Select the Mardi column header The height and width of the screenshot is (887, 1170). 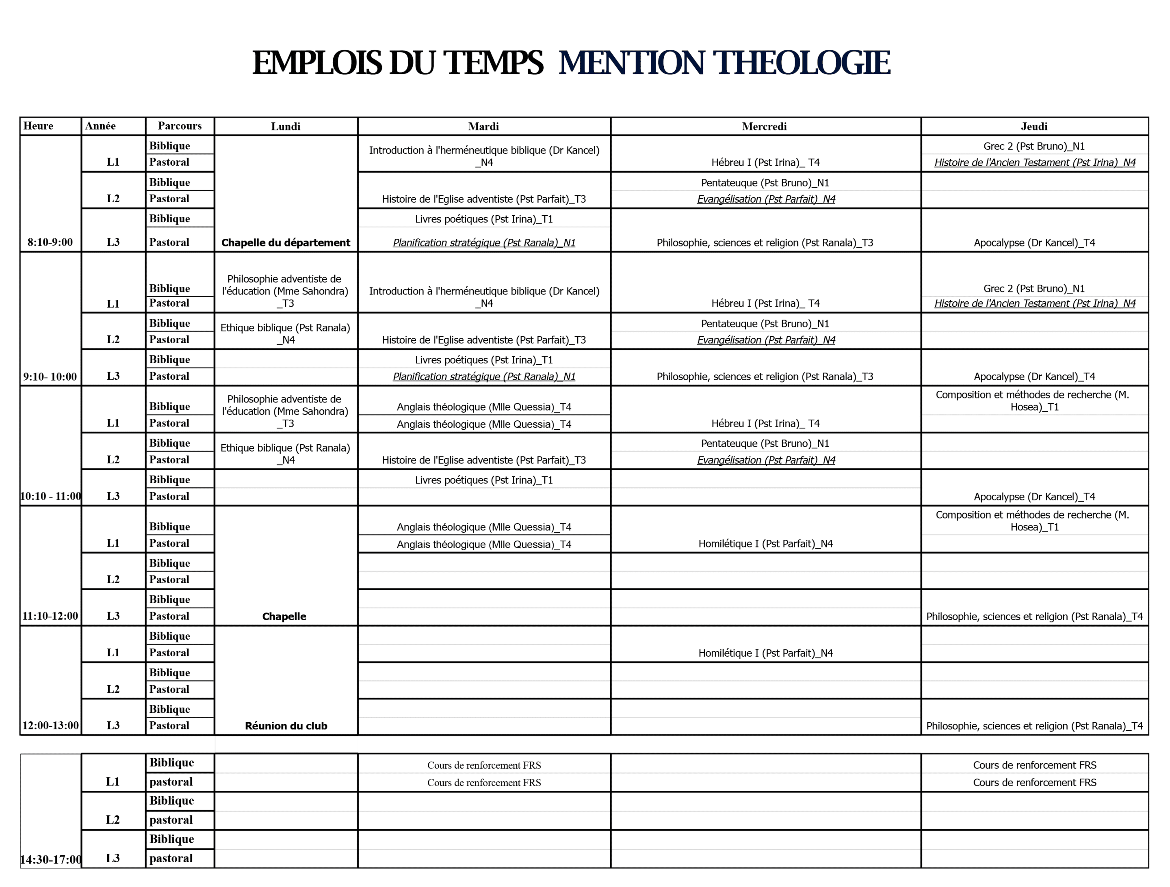coord(483,126)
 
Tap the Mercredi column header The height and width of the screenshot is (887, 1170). coord(764,126)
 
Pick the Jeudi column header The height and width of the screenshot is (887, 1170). coord(1034,126)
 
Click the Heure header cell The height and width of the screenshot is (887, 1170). coord(38,126)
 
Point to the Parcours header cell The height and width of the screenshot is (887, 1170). coord(180,126)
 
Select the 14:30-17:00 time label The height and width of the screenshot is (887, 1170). coord(51,859)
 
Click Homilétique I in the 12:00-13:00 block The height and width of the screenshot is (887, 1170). coord(765,653)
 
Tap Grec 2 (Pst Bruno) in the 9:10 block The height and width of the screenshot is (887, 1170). coord(1033,289)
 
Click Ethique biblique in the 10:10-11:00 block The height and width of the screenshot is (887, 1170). coord(286,454)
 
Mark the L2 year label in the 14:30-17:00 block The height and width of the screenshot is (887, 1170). coord(113,820)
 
